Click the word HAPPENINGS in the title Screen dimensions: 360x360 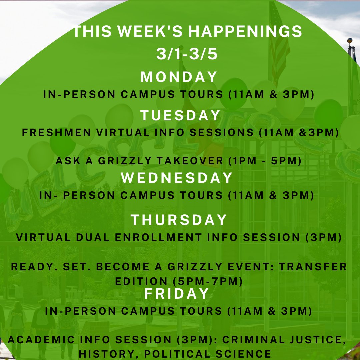(x=245, y=32)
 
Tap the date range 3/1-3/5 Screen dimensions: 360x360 (x=187, y=54)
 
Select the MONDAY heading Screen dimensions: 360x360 (x=179, y=77)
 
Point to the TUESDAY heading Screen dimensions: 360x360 (x=180, y=115)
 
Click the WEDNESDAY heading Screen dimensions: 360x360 (x=177, y=178)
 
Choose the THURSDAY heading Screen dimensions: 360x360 (x=179, y=220)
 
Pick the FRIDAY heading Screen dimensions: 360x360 (x=177, y=294)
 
